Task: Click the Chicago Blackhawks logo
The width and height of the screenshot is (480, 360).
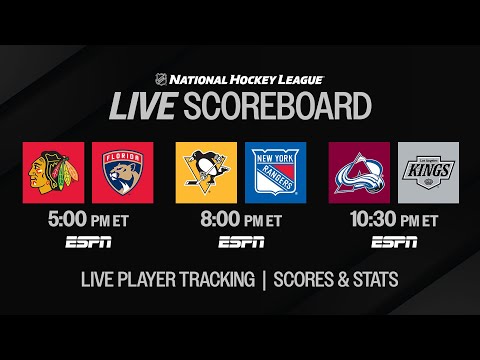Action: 53,172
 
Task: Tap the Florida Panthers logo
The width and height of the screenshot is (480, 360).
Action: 121,172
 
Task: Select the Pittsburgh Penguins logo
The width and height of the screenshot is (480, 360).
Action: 206,172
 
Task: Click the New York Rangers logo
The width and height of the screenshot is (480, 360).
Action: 274,172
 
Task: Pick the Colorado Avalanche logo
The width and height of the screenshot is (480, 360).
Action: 359,172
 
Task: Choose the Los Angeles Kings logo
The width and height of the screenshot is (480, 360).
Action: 427,172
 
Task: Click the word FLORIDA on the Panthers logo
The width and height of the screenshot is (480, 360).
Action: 121,157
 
